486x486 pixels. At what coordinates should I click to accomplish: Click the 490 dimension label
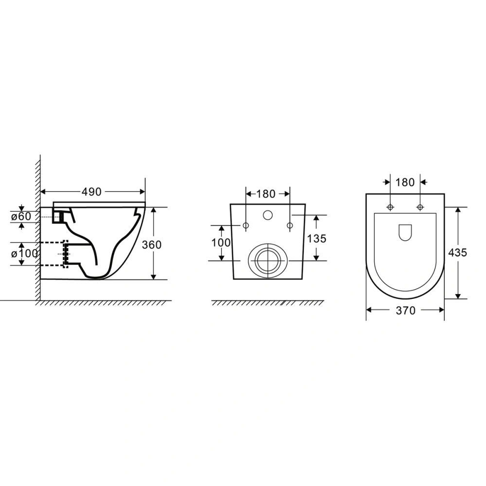pos(91,192)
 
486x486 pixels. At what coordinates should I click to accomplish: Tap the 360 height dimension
pos(152,244)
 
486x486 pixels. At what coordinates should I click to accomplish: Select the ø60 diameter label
pos(21,216)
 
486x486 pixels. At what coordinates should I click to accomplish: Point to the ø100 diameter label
pos(24,254)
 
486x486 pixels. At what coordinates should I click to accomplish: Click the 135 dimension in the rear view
pos(316,238)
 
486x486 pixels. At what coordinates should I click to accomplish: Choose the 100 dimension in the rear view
pos(221,243)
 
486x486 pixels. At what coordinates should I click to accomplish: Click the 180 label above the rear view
pos(266,194)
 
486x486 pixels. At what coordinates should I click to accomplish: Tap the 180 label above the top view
pos(405,182)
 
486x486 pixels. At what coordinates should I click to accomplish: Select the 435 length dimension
pos(457,253)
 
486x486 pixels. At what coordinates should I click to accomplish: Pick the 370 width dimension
pos(405,310)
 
